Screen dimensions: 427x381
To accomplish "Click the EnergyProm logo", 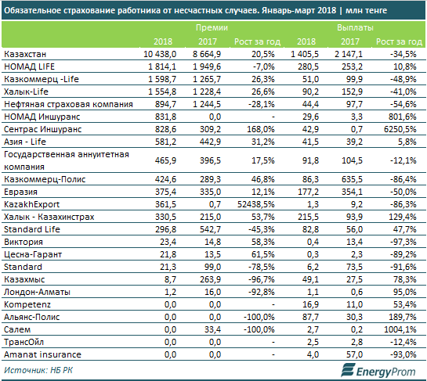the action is coord(378,370).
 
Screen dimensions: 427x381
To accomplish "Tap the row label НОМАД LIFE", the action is coord(30,66).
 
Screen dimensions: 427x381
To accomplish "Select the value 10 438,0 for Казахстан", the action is coord(160,54).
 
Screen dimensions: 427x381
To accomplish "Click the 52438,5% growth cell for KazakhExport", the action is coord(255,204).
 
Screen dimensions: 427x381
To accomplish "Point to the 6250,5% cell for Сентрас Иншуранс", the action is coord(400,129).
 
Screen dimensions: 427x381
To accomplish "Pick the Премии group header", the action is coord(212,27).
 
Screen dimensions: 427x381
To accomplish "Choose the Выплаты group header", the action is coord(355,27).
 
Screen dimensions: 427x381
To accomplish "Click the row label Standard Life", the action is coord(32,229).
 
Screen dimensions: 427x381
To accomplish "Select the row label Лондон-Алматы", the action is coord(37,292).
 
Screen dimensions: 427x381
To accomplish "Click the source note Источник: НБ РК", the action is coord(38,370).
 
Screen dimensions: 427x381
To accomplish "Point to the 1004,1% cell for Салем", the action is coord(400,329).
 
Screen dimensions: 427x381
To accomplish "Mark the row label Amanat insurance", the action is coord(42,354).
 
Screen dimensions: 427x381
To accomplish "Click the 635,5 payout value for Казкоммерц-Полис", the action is coord(352,179).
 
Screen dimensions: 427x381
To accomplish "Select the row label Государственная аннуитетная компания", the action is coord(67,160).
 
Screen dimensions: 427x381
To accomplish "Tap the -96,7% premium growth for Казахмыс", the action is coord(261,279).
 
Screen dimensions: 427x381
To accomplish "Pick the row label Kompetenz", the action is coord(27,304).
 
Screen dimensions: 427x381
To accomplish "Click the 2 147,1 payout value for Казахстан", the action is coord(349,54).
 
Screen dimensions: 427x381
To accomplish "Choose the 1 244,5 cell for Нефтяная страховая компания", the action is coord(207,104).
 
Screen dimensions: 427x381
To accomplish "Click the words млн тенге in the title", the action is coord(366,10).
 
